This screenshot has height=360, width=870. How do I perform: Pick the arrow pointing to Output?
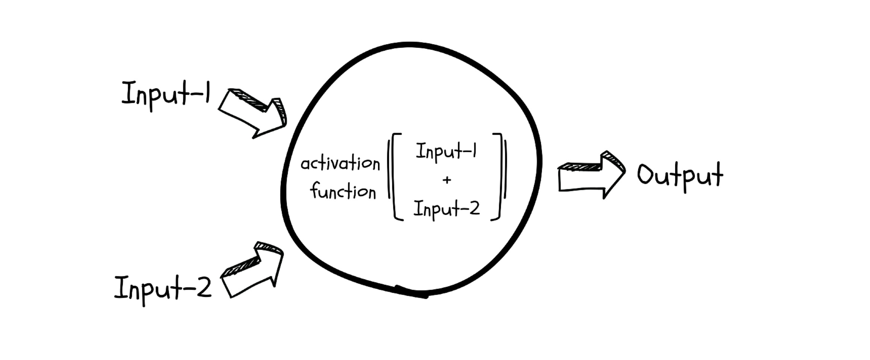point(591,175)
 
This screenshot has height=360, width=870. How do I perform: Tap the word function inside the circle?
point(343,191)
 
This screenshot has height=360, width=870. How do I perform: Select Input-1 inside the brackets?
point(446,152)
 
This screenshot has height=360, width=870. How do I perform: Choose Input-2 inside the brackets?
point(447,209)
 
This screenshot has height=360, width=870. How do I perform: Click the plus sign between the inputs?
point(447,180)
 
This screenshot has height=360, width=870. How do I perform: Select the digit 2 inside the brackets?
point(474,208)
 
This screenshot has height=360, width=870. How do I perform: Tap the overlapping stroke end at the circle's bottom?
point(411,292)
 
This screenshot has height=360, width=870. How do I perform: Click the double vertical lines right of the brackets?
point(505,169)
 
